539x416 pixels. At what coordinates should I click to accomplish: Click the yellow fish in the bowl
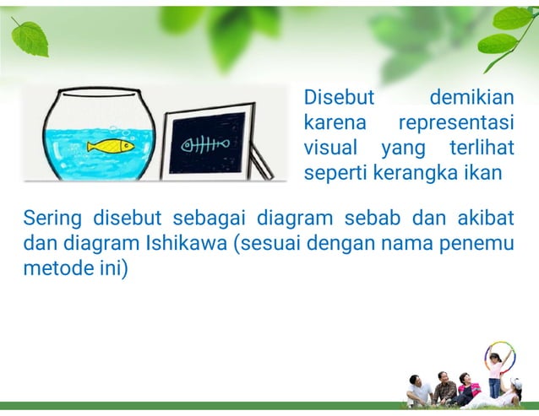pos(111,145)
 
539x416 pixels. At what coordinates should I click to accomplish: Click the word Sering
pos(52,220)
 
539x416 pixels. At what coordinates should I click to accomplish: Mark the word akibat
pos(485,220)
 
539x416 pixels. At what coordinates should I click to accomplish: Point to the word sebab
pos(374,220)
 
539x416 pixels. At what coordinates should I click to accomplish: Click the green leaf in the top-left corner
pos(30,37)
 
